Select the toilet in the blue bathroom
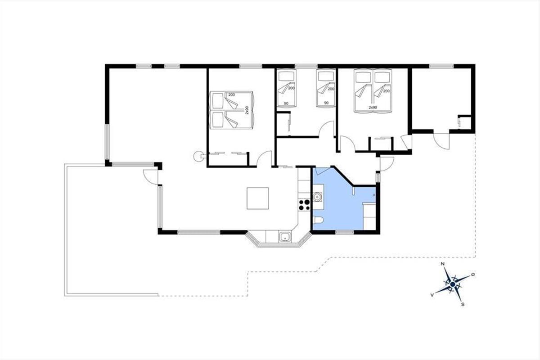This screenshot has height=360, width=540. coord(318,220)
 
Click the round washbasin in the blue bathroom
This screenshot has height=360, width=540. coord(317,197)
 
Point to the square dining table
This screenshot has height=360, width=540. coord(257,198)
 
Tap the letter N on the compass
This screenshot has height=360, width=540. coord(442,264)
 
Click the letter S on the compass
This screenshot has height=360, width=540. coord(463,304)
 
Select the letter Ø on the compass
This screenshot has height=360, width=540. coord(473,274)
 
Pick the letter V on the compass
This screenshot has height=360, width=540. coord(432,295)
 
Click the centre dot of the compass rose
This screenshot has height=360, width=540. coord(453,284)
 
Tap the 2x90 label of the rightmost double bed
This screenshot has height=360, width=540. coord(373,107)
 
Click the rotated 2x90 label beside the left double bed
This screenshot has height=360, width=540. coord(247,110)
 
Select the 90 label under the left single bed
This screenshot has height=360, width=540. coord(286,103)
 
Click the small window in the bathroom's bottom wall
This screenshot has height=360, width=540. coord(345,233)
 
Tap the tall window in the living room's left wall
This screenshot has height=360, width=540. coord(107,142)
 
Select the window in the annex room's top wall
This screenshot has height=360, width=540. coord(441,66)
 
